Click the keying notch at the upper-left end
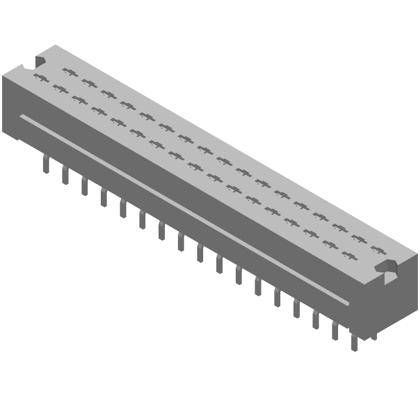[39, 61]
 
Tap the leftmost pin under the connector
[46, 165]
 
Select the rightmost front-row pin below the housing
[354, 343]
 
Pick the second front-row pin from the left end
[65, 176]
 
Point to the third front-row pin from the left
[84, 186]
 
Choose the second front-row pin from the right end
[335, 332]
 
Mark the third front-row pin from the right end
[316, 321]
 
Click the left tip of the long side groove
[22, 117]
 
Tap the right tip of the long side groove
[347, 303]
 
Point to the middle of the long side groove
[184, 210]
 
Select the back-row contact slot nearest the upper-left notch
[69, 71]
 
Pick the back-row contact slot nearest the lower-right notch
[378, 248]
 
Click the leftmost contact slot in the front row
[40, 79]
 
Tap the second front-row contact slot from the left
[60, 90]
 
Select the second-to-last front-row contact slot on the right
[330, 244]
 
